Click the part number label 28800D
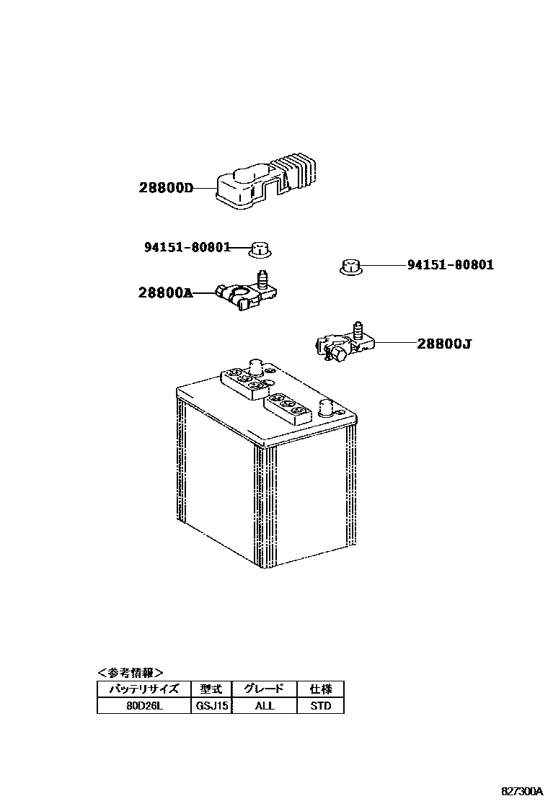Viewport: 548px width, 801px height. [167, 189]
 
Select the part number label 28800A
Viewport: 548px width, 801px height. [166, 292]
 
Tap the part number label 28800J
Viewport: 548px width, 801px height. [443, 344]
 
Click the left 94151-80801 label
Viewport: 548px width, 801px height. [187, 247]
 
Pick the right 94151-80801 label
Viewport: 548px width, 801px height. [451, 265]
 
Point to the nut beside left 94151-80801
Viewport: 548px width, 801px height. [259, 250]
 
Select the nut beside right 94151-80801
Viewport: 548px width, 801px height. [350, 267]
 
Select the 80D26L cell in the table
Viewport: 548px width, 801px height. [144, 706]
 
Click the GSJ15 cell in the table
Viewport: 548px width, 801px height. [212, 706]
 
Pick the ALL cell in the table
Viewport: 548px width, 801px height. [265, 706]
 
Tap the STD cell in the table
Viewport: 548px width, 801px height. [320, 706]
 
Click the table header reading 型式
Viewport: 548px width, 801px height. [212, 689]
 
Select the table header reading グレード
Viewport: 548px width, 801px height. [265, 689]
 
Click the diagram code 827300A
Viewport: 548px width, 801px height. [522, 791]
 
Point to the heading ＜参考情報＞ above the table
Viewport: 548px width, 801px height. [131, 673]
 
